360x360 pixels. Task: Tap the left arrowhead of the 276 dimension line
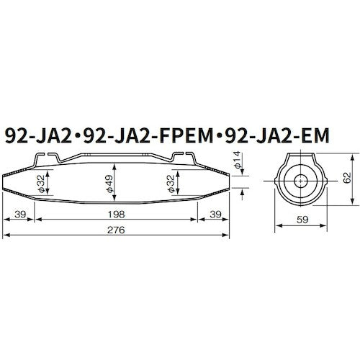click(5, 235)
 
